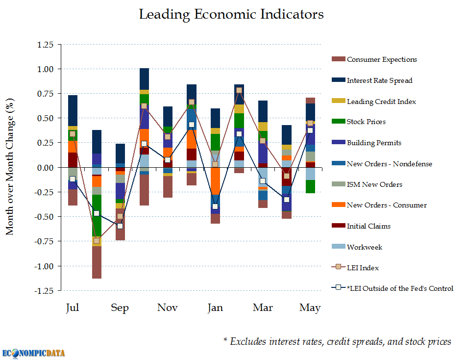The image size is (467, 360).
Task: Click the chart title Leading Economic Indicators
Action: click(231, 15)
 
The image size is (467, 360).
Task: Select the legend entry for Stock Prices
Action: click(366, 122)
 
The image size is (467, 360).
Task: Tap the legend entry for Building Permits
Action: click(374, 143)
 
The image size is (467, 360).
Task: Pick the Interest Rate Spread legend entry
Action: click(379, 80)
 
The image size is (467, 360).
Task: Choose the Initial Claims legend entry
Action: click(369, 226)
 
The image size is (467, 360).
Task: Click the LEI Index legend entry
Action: click(363, 268)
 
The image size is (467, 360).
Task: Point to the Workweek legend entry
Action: click(364, 247)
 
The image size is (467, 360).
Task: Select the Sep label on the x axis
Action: click(120, 308)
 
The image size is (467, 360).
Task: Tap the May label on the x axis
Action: click(310, 308)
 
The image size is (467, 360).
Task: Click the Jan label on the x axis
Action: click(215, 308)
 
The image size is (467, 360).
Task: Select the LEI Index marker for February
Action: click(239, 90)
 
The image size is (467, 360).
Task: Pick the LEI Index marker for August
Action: click(97, 241)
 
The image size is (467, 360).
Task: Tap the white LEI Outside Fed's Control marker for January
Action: click(215, 206)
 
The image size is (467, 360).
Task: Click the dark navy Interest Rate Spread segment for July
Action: click(73, 110)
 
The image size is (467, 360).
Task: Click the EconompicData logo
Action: click(33, 352)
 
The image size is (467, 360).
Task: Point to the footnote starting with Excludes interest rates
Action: click(337, 341)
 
